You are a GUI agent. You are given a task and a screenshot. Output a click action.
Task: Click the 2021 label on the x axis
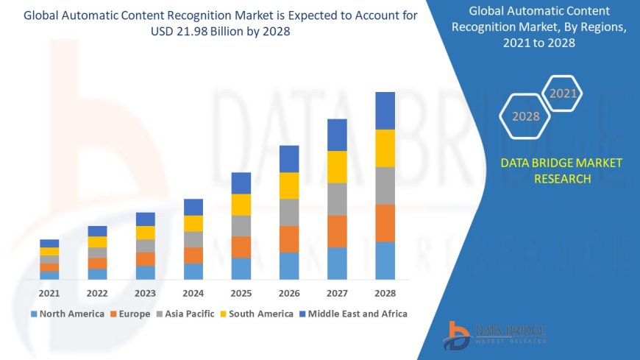tap(49, 293)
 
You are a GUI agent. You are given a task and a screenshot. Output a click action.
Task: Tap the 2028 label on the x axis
tap(385, 293)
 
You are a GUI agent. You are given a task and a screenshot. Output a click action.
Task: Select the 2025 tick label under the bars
tap(241, 293)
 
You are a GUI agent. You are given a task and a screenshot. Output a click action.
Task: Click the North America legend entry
tap(67, 314)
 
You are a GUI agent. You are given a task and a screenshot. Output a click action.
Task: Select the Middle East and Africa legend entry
tap(352, 314)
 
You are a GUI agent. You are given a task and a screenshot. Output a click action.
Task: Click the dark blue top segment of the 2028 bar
tap(385, 110)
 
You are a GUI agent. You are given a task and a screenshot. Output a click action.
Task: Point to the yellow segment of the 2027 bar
tap(337, 166)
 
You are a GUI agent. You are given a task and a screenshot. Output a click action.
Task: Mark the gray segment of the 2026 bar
tap(289, 212)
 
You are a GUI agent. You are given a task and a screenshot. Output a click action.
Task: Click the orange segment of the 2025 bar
tap(241, 247)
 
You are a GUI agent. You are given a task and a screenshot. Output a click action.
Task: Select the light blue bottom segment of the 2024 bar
tap(193, 271)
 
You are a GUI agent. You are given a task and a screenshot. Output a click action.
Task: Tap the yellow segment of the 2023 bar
tap(146, 233)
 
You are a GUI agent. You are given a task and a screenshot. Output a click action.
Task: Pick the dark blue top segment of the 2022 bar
tap(97, 231)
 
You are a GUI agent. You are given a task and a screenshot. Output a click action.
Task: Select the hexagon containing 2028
tap(526, 116)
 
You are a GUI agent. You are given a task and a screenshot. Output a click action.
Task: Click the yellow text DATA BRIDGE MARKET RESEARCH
tap(561, 171)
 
